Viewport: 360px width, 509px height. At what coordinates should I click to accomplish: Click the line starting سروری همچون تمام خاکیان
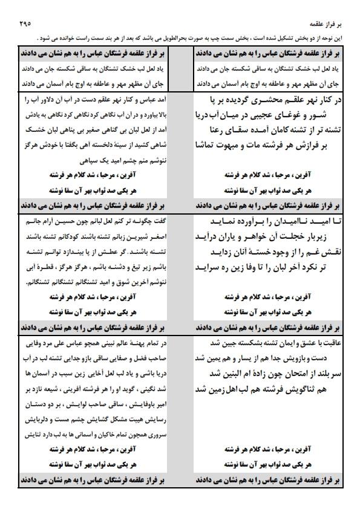point(97,435)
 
